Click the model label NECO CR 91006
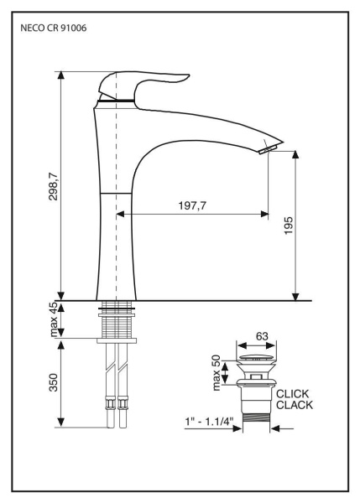54,29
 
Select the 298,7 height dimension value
53,187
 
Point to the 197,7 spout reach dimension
192,205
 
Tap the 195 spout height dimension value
289,226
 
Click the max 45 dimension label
54,319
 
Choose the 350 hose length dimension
54,382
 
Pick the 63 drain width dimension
262,336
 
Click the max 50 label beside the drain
217,372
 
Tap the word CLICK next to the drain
292,394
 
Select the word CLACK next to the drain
295,405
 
